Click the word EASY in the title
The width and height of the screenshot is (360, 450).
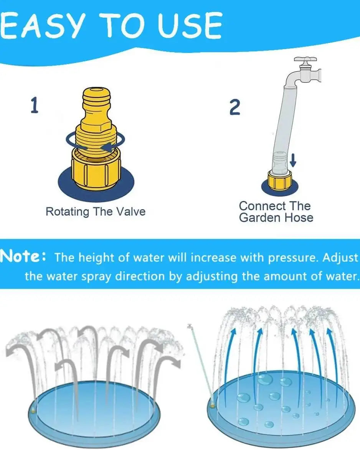coord(43,25)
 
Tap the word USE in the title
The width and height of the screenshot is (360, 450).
coord(190,25)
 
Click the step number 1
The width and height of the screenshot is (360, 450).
coord(35,105)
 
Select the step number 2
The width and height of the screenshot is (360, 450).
coord(235,107)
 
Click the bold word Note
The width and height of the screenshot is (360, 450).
coord(20,256)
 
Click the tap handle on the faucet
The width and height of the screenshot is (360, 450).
coord(305,60)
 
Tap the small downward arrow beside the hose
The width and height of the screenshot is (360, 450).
coord(293,160)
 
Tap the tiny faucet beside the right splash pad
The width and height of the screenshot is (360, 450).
coord(190,326)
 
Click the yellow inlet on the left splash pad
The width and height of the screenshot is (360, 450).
coord(33,411)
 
